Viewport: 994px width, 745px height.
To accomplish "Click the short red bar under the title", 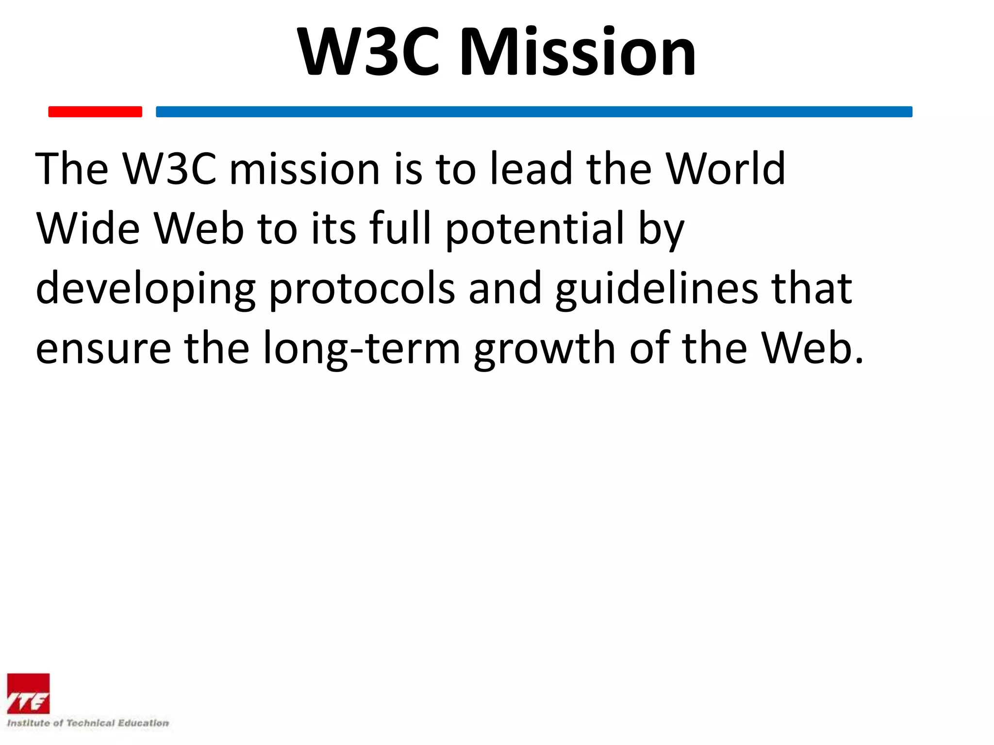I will click(95, 112).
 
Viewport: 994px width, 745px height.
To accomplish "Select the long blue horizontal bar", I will click(534, 112).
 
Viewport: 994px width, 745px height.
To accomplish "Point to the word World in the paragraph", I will click(725, 168).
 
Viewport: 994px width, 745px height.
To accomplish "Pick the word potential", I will click(534, 229).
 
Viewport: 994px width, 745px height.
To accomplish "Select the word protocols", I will click(362, 289).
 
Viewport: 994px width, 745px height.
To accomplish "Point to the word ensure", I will click(103, 348).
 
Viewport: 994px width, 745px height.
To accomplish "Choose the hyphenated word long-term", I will click(362, 348).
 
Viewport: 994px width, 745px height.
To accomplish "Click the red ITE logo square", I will click(28, 694).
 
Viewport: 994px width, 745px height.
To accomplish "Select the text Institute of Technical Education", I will click(88, 723).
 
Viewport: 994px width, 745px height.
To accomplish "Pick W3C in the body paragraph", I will click(169, 168).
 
